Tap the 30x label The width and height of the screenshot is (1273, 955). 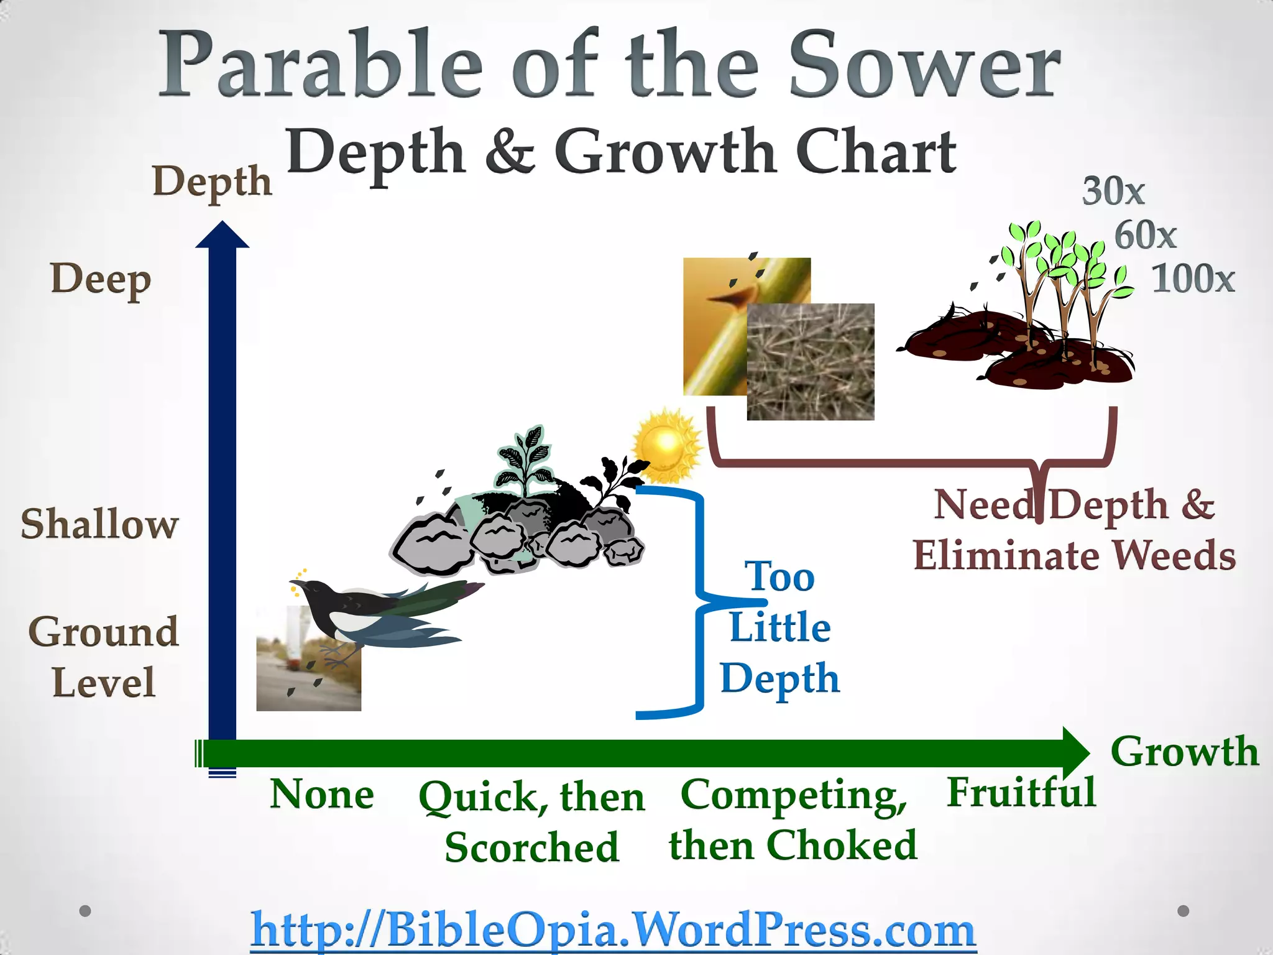[x=1113, y=191]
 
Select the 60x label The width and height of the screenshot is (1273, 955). [x=1145, y=236]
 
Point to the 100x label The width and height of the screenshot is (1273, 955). [x=1192, y=279]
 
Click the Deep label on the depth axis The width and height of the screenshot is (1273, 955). [x=101, y=280]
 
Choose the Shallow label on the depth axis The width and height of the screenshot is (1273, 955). [x=99, y=524]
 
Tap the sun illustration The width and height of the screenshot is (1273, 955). [x=666, y=445]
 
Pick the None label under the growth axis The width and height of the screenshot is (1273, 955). [x=322, y=795]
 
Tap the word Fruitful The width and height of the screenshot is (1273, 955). [x=1021, y=793]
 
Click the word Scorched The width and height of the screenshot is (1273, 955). [x=532, y=847]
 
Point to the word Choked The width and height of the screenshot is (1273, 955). [x=842, y=846]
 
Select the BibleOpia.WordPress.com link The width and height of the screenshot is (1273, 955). [x=613, y=930]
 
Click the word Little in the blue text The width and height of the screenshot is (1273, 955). [x=779, y=627]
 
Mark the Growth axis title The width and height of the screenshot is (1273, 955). [x=1184, y=751]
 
